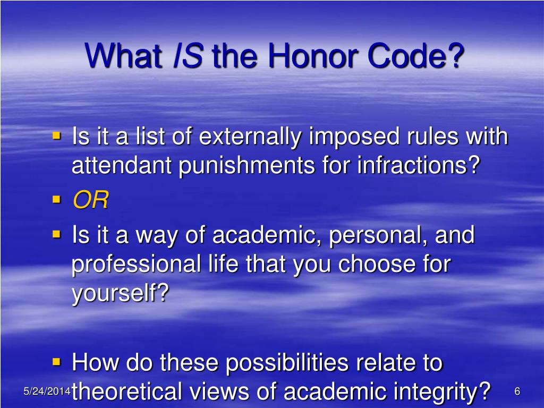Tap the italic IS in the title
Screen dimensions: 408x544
point(188,56)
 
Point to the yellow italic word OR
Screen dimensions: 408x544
point(90,201)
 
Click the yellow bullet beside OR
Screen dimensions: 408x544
point(57,200)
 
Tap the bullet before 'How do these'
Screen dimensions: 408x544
point(57,362)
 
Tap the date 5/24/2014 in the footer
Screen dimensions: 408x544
point(47,392)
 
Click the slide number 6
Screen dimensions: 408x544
point(517,392)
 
